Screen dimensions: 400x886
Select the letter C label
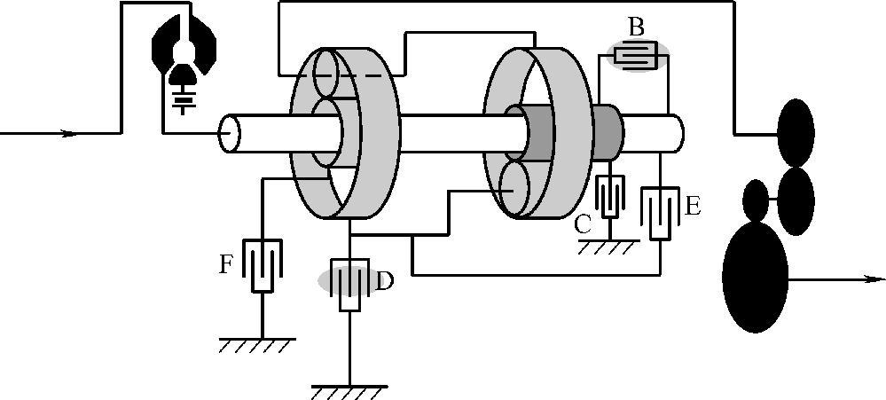(x=582, y=224)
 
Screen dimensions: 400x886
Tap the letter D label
(x=385, y=282)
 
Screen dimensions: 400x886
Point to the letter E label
(x=693, y=207)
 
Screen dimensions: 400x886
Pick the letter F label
(x=227, y=263)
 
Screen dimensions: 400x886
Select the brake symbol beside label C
(x=610, y=197)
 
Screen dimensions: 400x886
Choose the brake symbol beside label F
(x=263, y=264)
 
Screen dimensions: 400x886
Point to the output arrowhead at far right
(x=874, y=278)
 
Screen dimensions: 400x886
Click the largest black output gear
(x=756, y=275)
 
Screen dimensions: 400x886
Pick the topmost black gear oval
(x=796, y=131)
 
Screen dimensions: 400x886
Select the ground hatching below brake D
(x=349, y=390)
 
